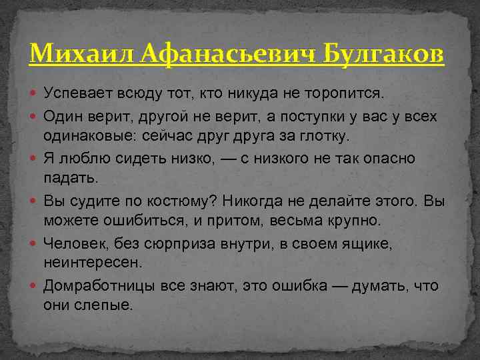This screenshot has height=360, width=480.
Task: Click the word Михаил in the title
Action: coord(71,53)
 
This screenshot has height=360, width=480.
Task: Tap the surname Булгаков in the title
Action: coord(383,53)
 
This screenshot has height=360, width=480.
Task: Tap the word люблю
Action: coord(79,159)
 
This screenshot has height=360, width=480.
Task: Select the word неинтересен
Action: coord(93,263)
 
